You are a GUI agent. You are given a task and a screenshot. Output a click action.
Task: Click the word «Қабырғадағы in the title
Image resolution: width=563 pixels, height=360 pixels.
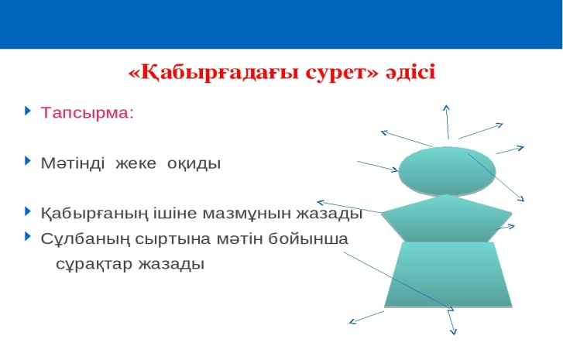click(213, 73)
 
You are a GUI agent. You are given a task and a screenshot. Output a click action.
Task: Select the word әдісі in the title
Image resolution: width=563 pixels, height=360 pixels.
click(410, 71)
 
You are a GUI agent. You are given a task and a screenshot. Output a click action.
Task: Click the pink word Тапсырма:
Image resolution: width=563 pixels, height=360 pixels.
click(87, 113)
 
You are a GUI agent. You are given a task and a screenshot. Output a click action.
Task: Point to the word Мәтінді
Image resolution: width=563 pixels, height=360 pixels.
click(73, 163)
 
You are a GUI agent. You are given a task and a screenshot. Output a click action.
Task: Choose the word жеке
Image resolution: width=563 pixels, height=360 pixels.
click(136, 163)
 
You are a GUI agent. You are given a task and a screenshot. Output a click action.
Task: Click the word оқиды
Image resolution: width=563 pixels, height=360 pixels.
click(194, 163)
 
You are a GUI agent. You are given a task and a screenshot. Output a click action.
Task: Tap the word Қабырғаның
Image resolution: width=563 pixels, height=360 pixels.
click(94, 214)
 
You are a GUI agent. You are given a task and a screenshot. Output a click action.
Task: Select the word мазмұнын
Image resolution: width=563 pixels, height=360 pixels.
click(247, 214)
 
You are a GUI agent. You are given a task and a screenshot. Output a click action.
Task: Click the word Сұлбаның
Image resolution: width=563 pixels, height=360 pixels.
click(85, 239)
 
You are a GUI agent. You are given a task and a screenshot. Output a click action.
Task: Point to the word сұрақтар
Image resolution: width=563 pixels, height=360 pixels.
click(94, 265)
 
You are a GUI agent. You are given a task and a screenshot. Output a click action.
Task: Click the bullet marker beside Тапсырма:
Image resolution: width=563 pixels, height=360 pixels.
click(28, 110)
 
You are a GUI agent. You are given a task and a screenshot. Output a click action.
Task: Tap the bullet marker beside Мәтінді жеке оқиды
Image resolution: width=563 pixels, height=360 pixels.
click(28, 160)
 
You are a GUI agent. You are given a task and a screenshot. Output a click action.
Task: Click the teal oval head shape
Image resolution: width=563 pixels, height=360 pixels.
click(447, 171)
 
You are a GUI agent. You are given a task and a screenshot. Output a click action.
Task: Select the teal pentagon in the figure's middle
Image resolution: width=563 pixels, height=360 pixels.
click(447, 219)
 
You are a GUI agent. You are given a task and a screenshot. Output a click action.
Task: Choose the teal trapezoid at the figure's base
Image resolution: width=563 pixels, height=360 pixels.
click(448, 275)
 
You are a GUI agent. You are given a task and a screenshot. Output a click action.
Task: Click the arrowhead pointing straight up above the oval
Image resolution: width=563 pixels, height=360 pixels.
click(446, 108)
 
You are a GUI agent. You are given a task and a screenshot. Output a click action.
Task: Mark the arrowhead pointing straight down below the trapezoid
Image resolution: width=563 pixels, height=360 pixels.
click(454, 332)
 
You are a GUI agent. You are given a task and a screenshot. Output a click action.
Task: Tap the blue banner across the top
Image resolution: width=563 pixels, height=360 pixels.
click(282, 24)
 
